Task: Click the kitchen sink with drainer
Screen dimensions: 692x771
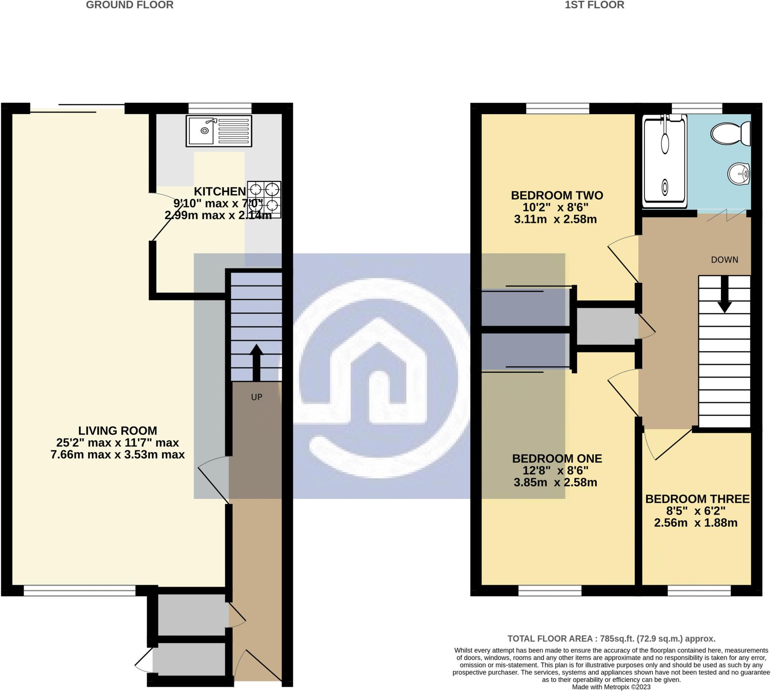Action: pos(219,131)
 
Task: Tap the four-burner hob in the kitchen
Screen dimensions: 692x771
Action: pos(264,199)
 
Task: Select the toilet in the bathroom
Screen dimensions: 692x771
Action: pos(730,133)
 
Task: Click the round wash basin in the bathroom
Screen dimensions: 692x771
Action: pos(738,174)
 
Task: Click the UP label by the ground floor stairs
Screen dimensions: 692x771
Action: pos(257,397)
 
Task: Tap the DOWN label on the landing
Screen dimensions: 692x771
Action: pos(724,260)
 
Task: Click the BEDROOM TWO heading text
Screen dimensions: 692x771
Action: pos(556,195)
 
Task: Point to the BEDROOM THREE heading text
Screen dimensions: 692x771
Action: pos(697,499)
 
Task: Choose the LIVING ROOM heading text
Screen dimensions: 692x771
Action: pos(117,430)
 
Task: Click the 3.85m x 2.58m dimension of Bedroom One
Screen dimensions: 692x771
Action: pos(555,483)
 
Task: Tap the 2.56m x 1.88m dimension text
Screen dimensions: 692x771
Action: pos(695,523)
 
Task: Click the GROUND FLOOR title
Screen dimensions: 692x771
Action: pos(130,5)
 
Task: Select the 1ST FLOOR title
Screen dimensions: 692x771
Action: pos(594,5)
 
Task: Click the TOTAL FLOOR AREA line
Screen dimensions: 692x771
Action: pos(611,639)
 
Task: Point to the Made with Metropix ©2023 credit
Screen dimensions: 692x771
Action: pos(611,687)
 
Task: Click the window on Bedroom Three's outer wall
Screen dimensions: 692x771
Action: pos(699,590)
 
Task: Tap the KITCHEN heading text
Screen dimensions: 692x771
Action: pos(220,191)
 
